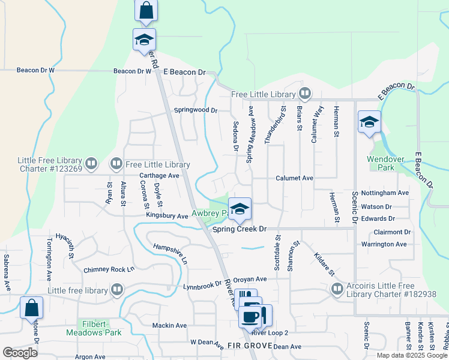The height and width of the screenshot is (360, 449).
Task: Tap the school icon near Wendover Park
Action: tap(369, 122)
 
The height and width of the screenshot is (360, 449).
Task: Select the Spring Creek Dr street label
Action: tap(238, 229)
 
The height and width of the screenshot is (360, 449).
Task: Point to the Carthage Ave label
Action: tap(159, 176)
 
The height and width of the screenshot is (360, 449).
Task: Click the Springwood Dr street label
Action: tap(195, 110)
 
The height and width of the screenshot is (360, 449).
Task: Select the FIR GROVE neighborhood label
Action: tap(249, 346)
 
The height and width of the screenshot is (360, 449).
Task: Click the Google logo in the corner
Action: tap(20, 352)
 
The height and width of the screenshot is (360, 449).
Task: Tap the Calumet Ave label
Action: tap(295, 178)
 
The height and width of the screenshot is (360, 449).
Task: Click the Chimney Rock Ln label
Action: tap(109, 270)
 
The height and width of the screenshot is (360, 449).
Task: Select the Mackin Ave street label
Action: tap(169, 325)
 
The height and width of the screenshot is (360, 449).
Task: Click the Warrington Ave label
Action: tap(384, 244)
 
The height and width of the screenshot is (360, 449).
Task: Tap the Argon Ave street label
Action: tap(90, 356)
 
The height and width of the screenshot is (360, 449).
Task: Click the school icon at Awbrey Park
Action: tap(240, 209)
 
